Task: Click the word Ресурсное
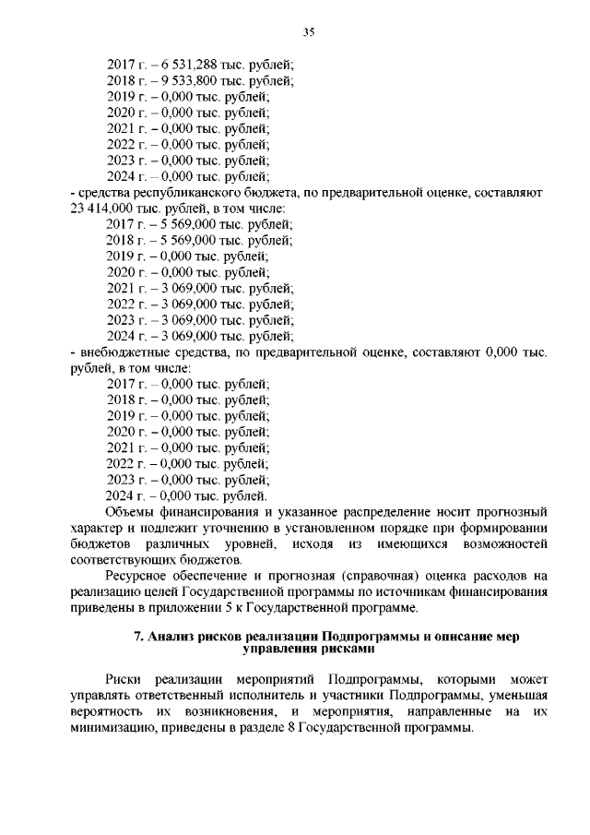(137, 575)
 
